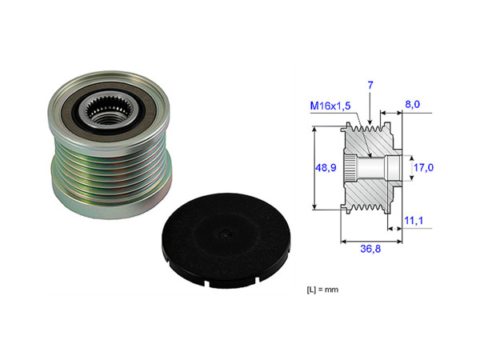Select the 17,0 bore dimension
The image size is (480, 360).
coord(422,167)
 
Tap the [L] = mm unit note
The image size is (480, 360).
coord(325,286)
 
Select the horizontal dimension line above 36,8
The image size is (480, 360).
coord(370,238)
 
